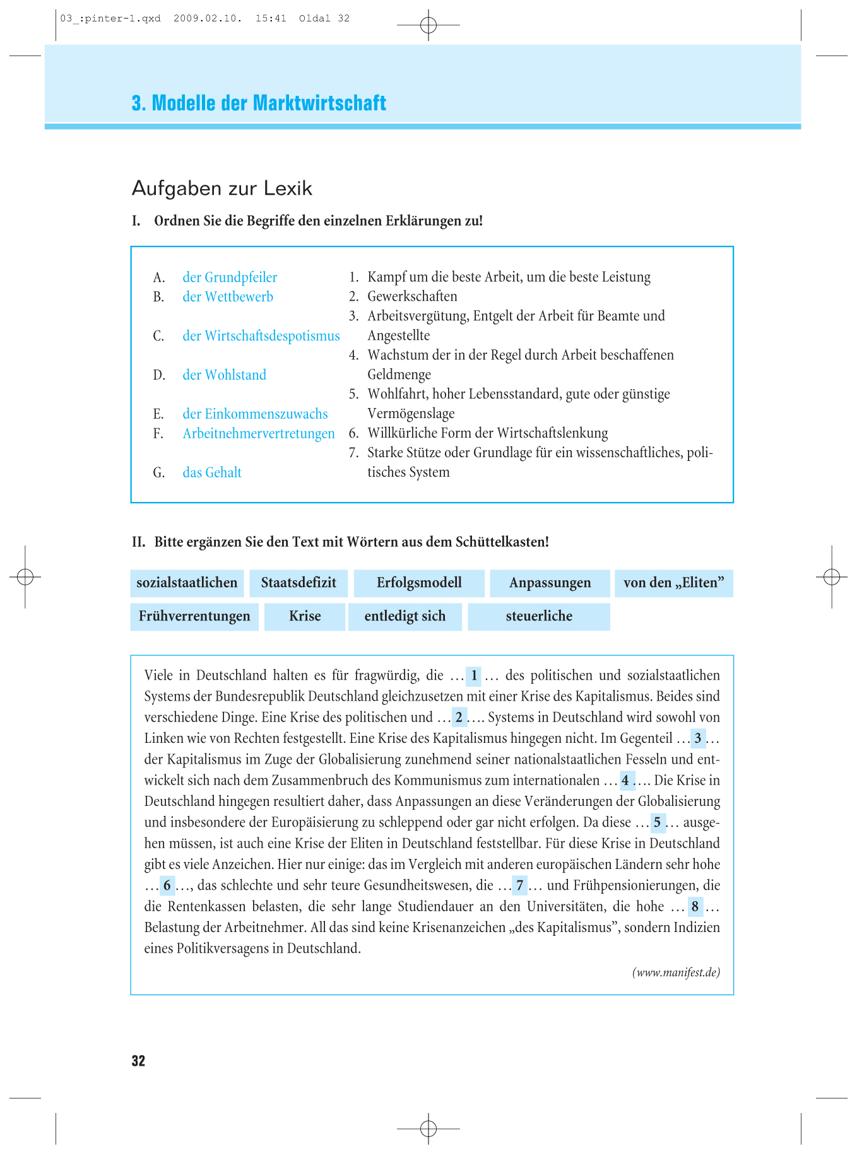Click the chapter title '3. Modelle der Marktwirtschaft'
pos(259,103)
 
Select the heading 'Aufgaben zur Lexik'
pos(222,189)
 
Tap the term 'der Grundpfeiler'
pos(230,277)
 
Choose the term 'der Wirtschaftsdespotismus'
pos(261,336)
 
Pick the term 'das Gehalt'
pos(212,473)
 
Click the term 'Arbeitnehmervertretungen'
pos(259,434)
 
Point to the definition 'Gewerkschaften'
pos(412,296)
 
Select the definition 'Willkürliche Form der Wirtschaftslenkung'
pos(487,433)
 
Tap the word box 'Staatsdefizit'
pos(298,583)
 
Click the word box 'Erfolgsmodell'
pos(419,583)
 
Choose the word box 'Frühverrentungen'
pos(194,617)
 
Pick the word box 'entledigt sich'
pos(405,617)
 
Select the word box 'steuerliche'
pos(539,617)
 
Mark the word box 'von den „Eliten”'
pos(673,583)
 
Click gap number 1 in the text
pos(474,676)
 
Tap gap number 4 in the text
pos(625,781)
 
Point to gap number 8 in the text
pos(695,907)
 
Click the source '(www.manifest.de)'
pos(676,972)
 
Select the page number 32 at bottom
pos(138,1061)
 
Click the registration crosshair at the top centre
pos(428,25)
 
